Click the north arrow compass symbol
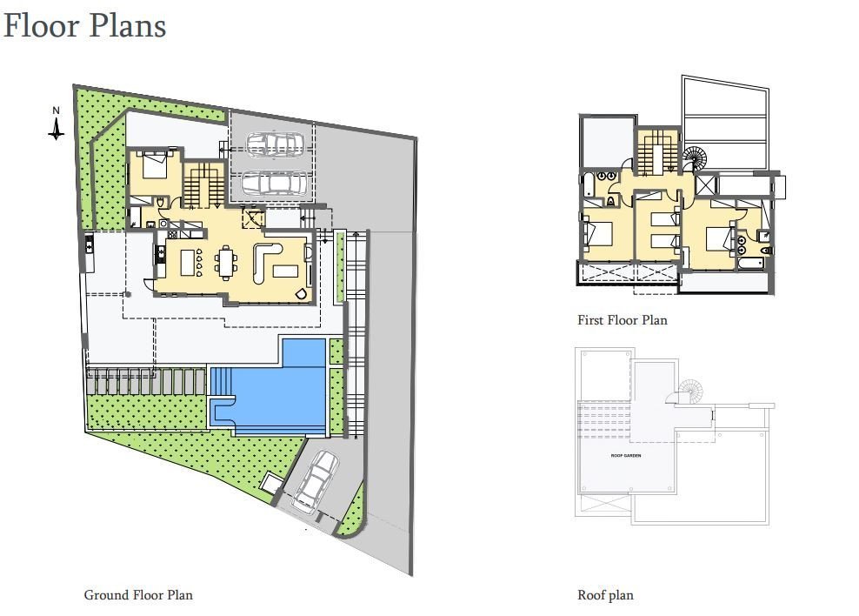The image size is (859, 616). [x=56, y=125]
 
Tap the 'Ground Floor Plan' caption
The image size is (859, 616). [x=138, y=595]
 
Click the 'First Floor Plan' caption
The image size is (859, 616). [x=623, y=320]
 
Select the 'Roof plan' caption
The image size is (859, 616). [x=605, y=595]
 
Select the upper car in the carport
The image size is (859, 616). [x=274, y=144]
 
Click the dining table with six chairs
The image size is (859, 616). [x=227, y=261]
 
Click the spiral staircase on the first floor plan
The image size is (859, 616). [x=696, y=159]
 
